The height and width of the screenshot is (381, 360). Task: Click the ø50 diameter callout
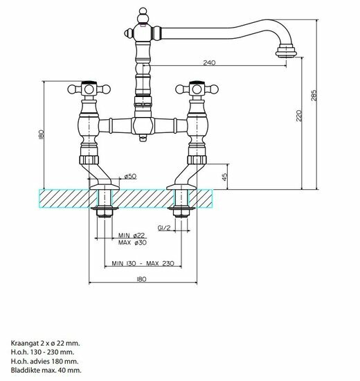tap(130, 177)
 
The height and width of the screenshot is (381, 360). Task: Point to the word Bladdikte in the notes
tap(26, 371)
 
